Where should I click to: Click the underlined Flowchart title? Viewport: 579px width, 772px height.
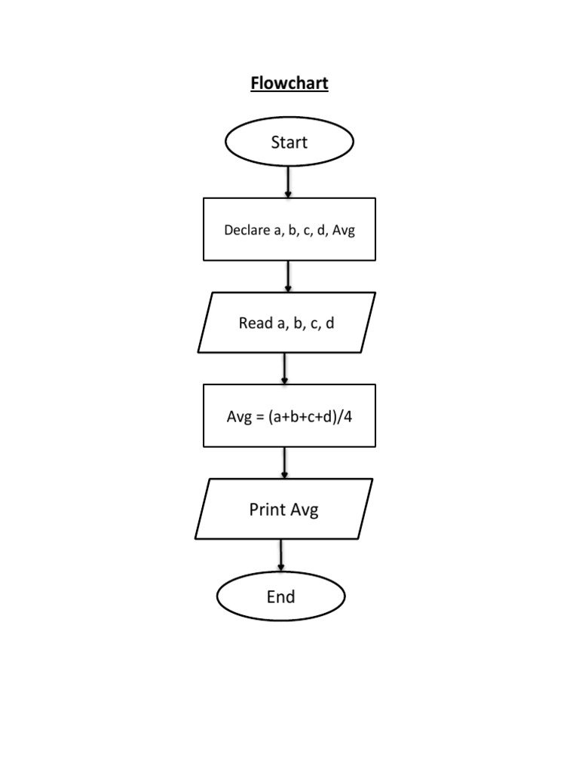289,83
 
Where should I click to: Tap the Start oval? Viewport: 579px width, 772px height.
289,142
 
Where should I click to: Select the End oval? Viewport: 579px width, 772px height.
280,597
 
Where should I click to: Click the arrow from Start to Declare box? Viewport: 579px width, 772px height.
288,182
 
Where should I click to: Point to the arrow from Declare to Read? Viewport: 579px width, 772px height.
288,277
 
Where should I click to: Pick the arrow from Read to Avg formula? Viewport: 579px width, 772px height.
284,369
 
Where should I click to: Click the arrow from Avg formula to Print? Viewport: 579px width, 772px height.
284,462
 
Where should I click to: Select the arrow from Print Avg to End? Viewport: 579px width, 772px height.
281,556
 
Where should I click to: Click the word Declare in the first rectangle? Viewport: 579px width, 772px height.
247,230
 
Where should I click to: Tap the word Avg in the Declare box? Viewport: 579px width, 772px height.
343,230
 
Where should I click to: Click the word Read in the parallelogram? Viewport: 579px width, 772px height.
255,323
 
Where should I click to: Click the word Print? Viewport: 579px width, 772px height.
267,510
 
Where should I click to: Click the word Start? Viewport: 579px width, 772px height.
289,142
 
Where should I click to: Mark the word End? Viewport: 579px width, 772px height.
280,597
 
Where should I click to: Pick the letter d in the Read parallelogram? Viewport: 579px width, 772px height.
329,323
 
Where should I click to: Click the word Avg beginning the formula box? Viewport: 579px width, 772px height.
239,417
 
